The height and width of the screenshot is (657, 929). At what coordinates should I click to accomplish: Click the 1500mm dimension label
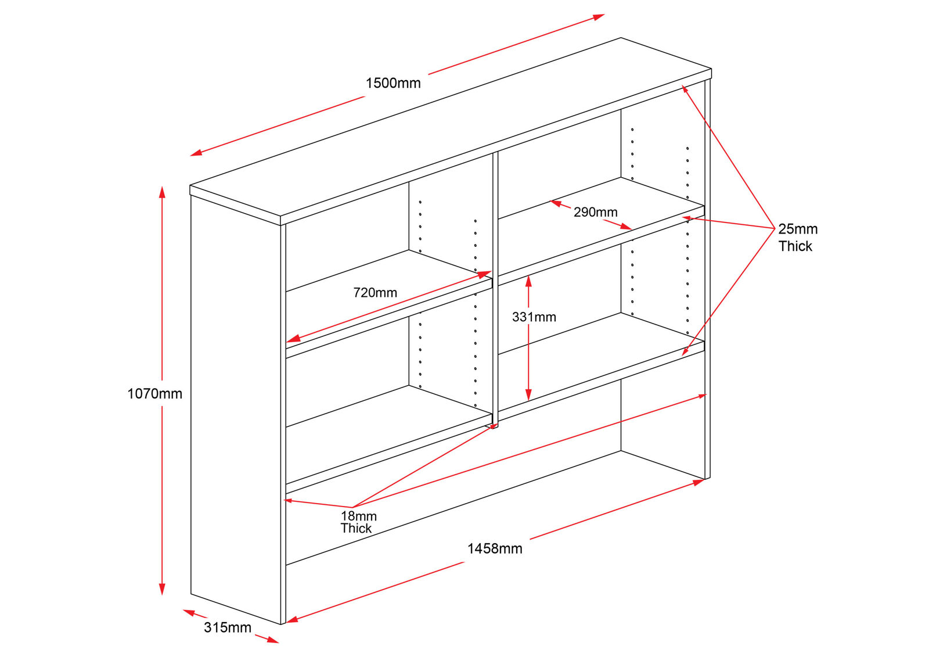tap(393, 83)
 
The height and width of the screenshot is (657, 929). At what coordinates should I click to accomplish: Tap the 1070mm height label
tap(154, 394)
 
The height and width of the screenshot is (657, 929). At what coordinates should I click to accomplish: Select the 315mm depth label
tap(228, 628)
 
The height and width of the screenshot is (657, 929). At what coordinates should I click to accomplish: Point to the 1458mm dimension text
tap(495, 549)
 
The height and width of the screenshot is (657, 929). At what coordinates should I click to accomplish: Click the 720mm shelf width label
tap(375, 293)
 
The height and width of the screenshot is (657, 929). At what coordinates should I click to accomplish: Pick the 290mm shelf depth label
tap(595, 213)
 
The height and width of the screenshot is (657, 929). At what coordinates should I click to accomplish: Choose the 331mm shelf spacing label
tap(534, 317)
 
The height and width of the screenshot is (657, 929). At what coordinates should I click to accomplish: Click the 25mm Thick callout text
tap(797, 238)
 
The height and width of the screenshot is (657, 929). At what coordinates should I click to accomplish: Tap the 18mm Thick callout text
tap(358, 522)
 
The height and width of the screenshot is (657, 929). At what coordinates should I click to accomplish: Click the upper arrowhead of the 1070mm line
tap(163, 191)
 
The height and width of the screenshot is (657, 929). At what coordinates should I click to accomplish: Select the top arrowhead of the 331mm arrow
tap(528, 280)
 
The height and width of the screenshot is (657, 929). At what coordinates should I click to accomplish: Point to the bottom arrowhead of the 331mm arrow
tap(528, 396)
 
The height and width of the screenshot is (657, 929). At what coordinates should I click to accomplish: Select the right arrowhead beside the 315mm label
tap(273, 641)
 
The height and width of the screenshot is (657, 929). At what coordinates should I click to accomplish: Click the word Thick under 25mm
tap(795, 246)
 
